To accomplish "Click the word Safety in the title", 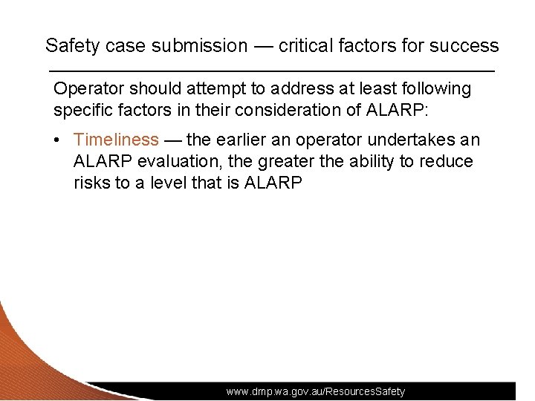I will click(x=72, y=45).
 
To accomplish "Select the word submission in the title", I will click(x=199, y=45).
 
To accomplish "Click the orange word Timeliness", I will click(x=117, y=140).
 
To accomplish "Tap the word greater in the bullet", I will click(x=291, y=161).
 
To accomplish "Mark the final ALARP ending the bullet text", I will click(x=273, y=183).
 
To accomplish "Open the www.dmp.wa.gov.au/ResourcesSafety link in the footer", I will click(x=316, y=391).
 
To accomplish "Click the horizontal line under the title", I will click(x=271, y=71).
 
